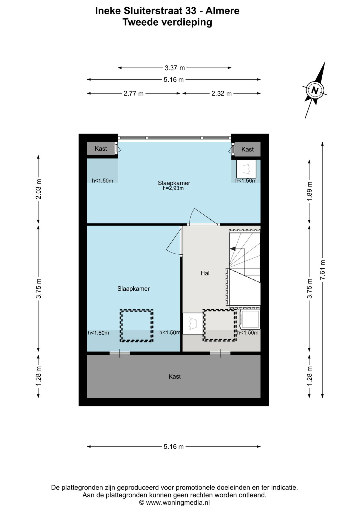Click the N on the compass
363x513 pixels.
(x=315, y=91)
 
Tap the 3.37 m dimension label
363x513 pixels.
(x=175, y=68)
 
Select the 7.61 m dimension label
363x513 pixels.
(x=322, y=270)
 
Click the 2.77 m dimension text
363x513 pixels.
(x=133, y=94)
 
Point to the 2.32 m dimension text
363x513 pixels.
(x=221, y=94)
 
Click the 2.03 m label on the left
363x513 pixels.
(x=39, y=189)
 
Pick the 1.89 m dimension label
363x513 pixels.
(x=309, y=191)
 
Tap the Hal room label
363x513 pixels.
(x=205, y=273)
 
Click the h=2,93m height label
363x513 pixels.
(x=173, y=188)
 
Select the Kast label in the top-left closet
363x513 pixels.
(x=101, y=149)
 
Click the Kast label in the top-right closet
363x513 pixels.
(x=247, y=149)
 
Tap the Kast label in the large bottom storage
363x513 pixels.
(x=175, y=376)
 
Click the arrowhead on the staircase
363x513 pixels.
(x=233, y=248)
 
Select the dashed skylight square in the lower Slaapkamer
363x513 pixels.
(x=137, y=326)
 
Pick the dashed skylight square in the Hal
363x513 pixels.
(x=219, y=325)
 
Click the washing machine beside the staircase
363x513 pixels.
(x=250, y=319)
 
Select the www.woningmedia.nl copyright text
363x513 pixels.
(x=174, y=503)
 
